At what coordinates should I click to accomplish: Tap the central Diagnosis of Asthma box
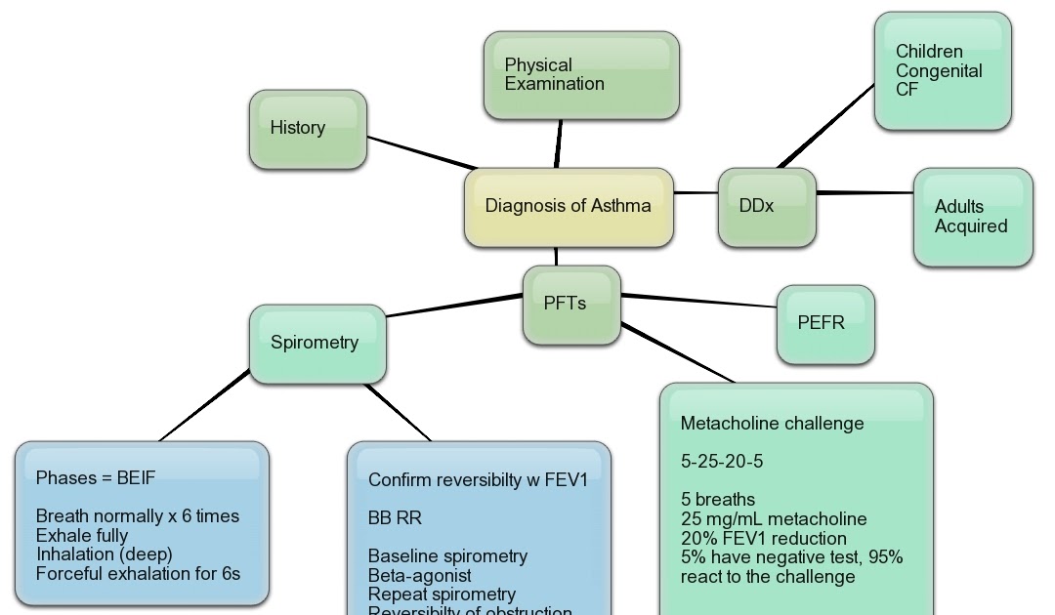[x=569, y=206]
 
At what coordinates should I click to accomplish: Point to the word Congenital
[x=939, y=70]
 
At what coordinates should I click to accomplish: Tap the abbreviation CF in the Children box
[x=907, y=89]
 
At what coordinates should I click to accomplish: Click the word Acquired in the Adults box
[x=971, y=225]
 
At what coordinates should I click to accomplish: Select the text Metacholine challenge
[x=772, y=424]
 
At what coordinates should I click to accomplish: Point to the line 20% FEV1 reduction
[x=764, y=538]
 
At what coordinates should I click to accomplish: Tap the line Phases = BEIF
[x=96, y=478]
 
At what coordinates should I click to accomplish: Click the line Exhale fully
[x=82, y=535]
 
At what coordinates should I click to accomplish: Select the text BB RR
[x=396, y=517]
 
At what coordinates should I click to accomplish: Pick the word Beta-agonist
[x=420, y=575]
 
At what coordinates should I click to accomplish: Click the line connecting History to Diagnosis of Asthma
[x=420, y=153]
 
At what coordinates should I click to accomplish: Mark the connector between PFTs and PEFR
[x=698, y=301]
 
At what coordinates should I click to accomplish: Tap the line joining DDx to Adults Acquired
[x=865, y=193]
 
